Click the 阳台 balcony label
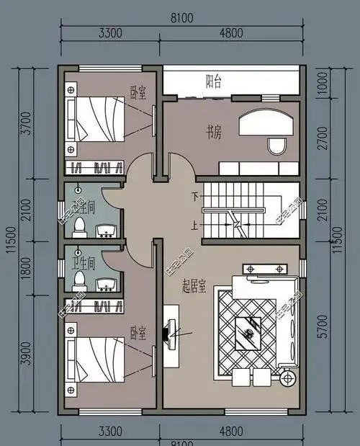213,81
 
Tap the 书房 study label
213,131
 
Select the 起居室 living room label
194,287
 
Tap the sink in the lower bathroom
107,280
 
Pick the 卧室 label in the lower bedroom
138,334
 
